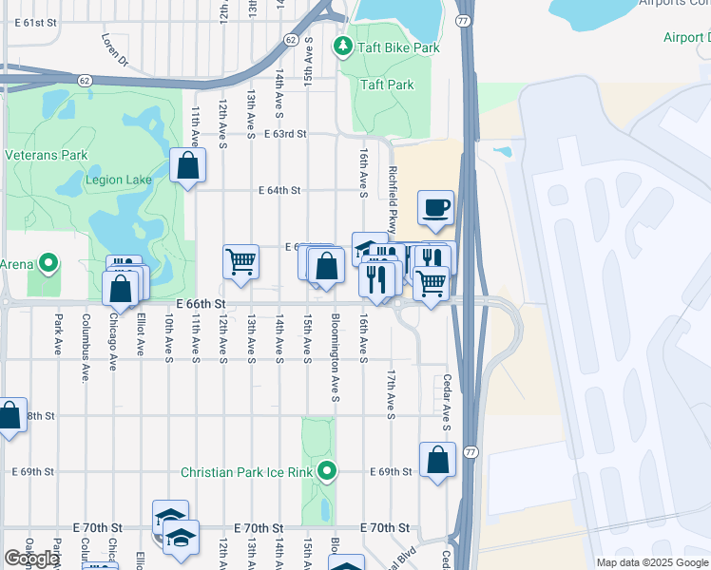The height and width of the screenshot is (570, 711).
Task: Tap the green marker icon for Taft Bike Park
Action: pyautogui.click(x=341, y=46)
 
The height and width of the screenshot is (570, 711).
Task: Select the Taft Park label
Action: pyautogui.click(x=387, y=85)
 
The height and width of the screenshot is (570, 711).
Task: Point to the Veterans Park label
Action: pyautogui.click(x=46, y=155)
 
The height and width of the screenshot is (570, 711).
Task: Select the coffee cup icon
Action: pyautogui.click(x=435, y=208)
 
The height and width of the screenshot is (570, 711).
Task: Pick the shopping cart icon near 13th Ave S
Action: pyautogui.click(x=240, y=260)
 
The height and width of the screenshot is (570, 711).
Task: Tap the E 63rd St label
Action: pyautogui.click(x=285, y=135)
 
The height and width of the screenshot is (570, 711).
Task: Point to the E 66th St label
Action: pyautogui.click(x=201, y=303)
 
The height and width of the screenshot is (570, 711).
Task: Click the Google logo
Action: pyautogui.click(x=31, y=559)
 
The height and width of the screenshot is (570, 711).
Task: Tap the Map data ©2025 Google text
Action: pyautogui.click(x=651, y=562)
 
